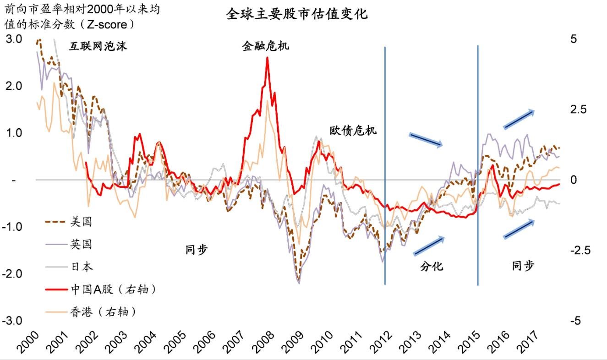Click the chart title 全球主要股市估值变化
pos(297,14)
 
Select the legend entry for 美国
pos(81,222)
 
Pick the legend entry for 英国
pos(81,245)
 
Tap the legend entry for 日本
pos(81,267)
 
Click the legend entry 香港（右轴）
pos(103,312)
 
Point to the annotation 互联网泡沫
pos(98,46)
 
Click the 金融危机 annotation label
pos(266,46)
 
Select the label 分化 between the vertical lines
pos(432,266)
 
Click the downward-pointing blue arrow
pos(426,140)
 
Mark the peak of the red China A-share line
pos(267,58)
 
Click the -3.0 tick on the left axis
pos(12,321)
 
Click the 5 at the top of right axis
pos(573,39)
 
